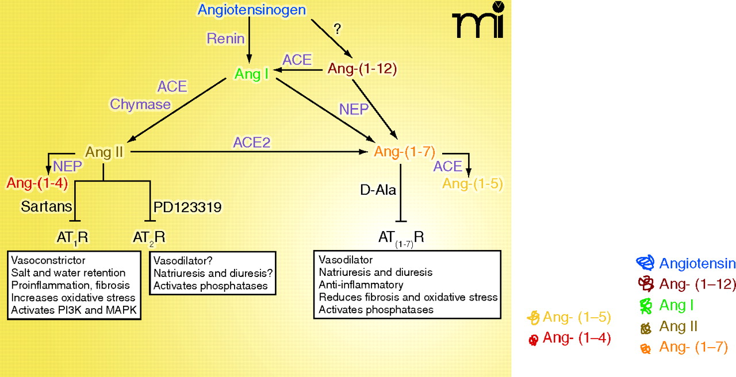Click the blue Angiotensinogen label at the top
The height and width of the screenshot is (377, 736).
click(251, 10)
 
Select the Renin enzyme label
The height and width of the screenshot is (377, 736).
click(226, 39)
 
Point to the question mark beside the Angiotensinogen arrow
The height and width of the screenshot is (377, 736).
click(338, 30)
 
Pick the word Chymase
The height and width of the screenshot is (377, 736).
click(141, 104)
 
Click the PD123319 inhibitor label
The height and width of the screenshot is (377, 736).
click(187, 206)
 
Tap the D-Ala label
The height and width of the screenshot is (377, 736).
click(378, 190)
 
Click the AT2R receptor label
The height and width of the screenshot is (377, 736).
click(149, 237)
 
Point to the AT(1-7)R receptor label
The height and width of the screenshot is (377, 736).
click(401, 237)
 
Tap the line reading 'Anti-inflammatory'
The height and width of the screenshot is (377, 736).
click(361, 284)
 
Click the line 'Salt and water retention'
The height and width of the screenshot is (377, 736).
click(68, 272)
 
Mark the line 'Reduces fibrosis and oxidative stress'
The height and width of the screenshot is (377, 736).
click(408, 297)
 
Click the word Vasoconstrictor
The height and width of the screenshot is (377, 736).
click(48, 260)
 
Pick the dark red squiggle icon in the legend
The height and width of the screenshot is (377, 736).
click(646, 283)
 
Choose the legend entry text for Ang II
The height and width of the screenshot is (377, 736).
click(678, 326)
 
